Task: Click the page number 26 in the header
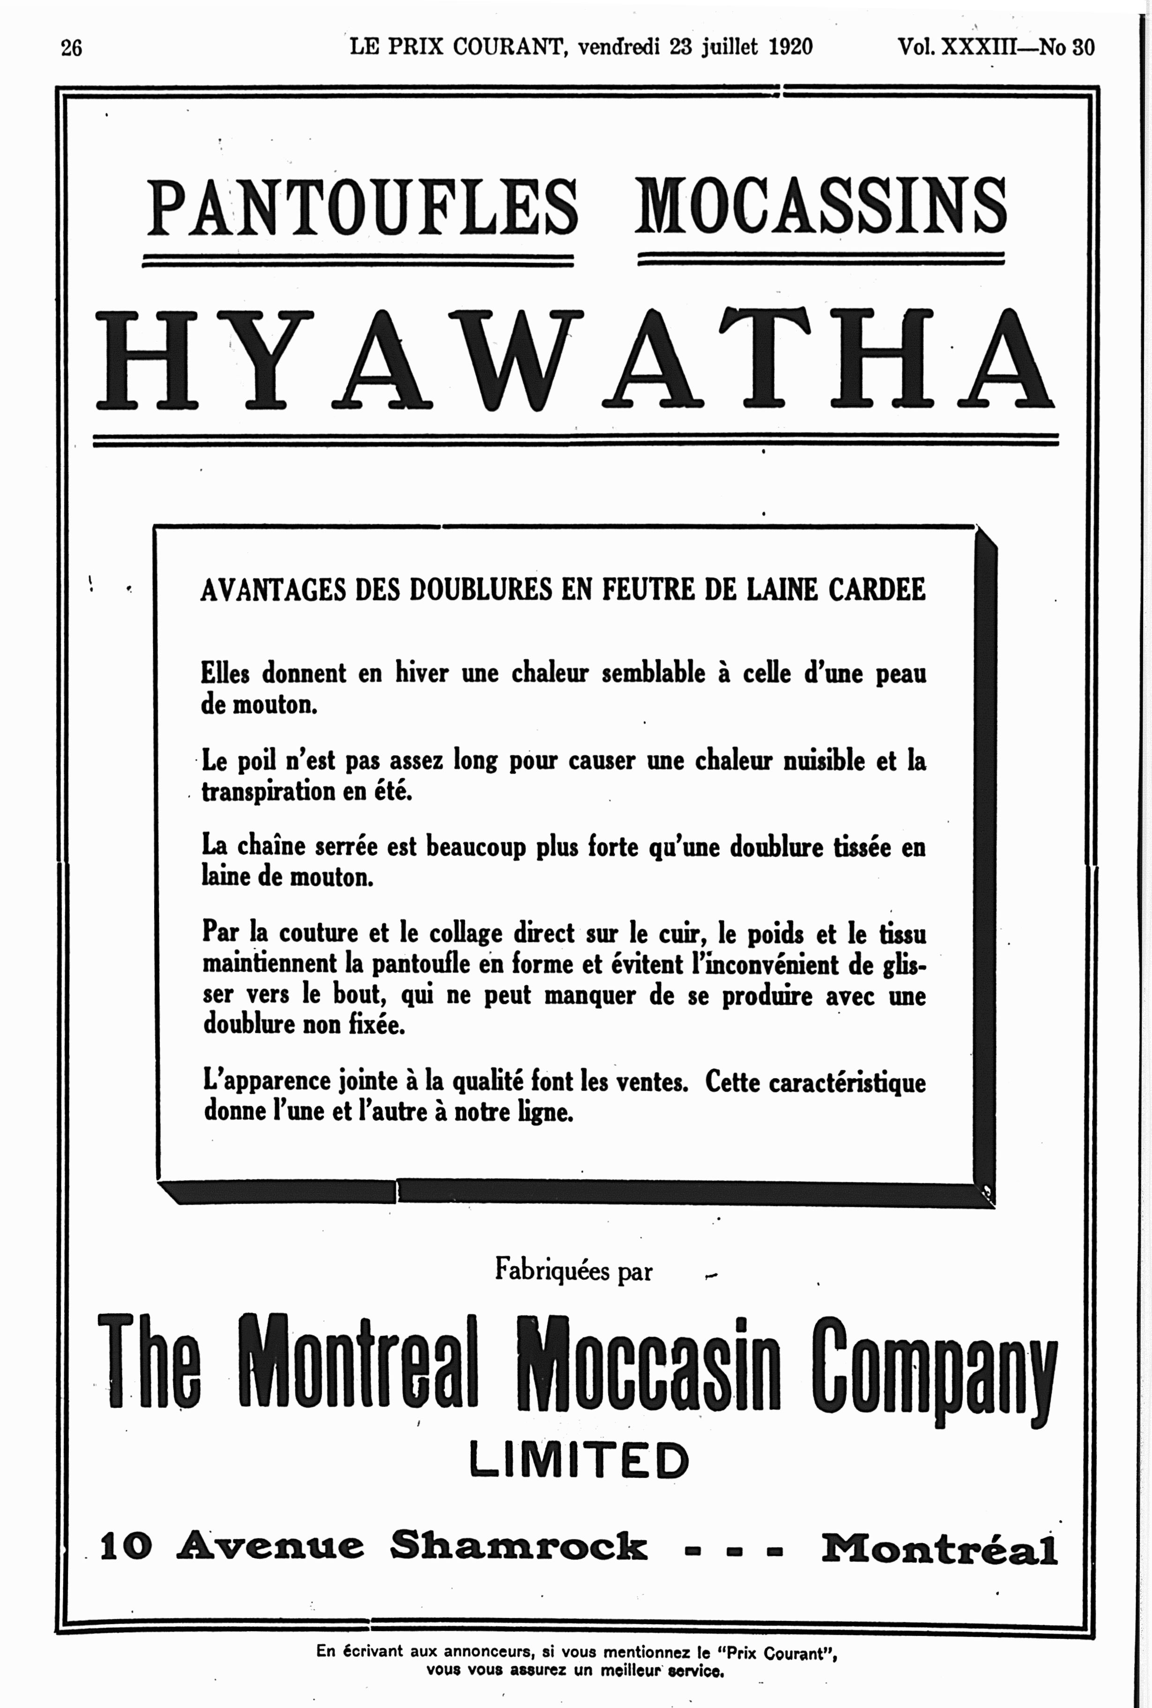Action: click(71, 48)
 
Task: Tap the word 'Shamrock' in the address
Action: click(518, 1545)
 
